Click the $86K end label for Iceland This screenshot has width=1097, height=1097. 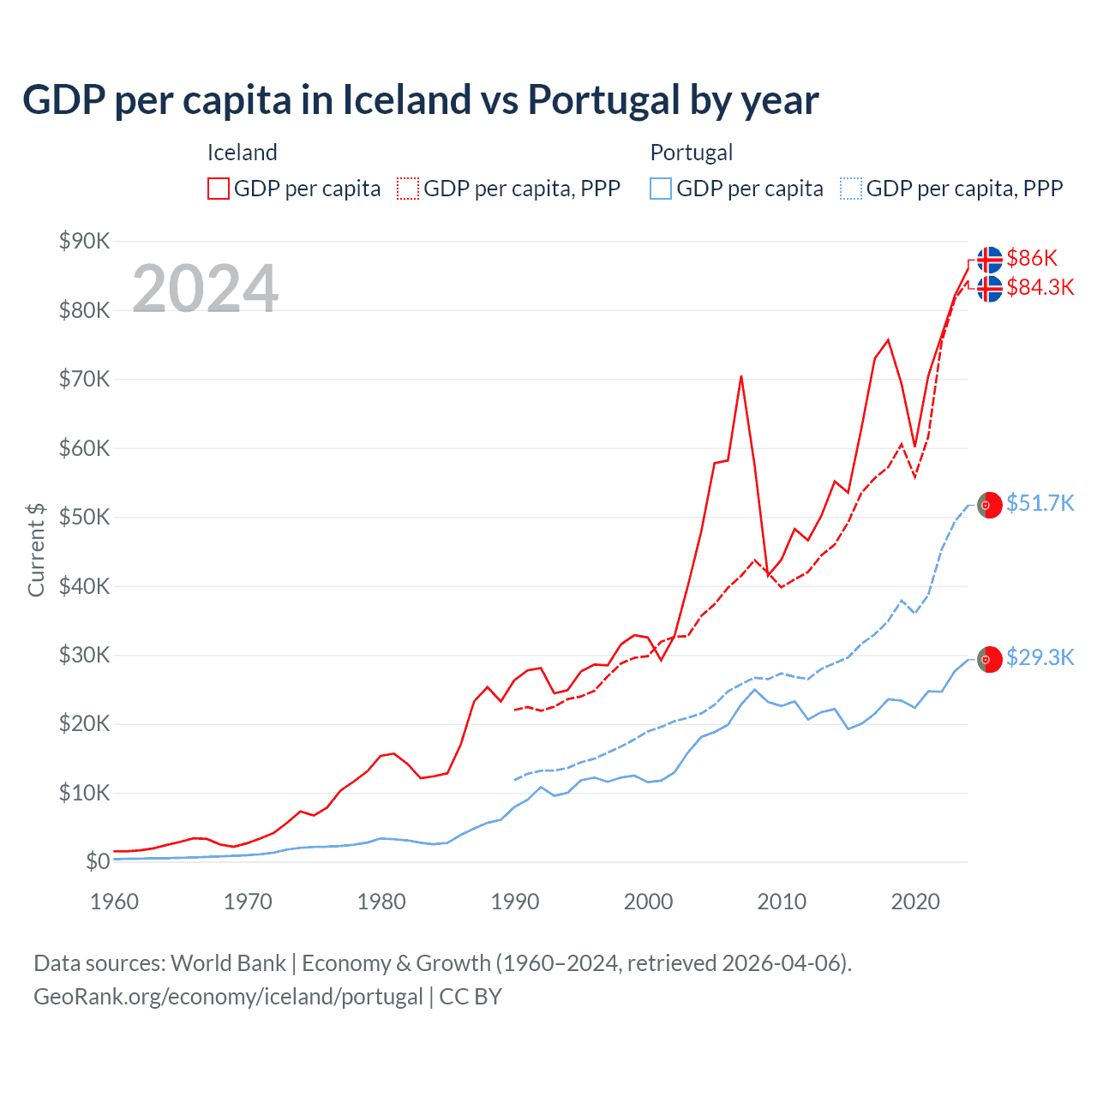click(1032, 258)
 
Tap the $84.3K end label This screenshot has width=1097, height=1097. click(1040, 287)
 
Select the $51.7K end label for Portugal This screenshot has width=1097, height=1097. click(1040, 503)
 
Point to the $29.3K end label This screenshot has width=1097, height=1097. click(1040, 657)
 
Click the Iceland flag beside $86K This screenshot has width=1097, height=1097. click(990, 259)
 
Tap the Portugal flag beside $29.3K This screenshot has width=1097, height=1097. click(990, 659)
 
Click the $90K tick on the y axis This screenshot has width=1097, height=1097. click(84, 241)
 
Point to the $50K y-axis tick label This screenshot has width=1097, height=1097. click(84, 517)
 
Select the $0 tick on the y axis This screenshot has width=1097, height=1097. click(98, 861)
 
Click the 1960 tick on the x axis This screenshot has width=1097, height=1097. click(114, 902)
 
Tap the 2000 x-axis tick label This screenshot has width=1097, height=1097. click(649, 902)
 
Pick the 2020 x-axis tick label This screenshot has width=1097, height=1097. click(915, 902)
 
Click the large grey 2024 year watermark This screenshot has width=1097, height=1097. click(206, 288)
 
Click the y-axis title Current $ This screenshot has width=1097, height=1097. click(36, 549)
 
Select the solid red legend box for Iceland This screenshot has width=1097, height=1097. click(219, 189)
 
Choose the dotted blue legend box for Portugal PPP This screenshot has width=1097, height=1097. click(851, 189)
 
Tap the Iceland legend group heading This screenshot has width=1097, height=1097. click(243, 153)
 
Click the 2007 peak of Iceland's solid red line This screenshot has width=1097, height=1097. click(740, 376)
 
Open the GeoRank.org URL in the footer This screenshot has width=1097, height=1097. click(228, 997)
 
